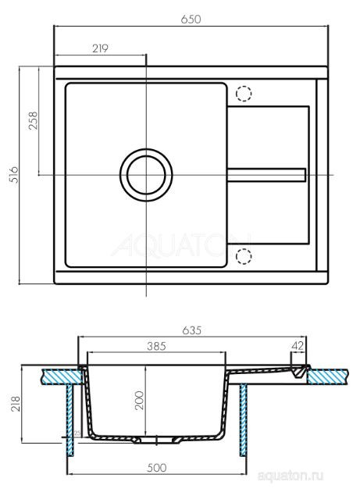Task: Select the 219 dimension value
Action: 98,48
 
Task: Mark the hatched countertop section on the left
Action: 59,376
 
